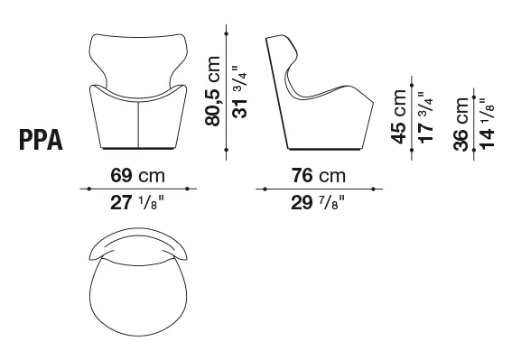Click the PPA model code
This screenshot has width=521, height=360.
pos(41,140)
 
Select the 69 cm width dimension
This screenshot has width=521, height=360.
pos(137,175)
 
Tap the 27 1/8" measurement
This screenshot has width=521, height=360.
pos(137,202)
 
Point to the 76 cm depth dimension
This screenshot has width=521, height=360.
pos(319,175)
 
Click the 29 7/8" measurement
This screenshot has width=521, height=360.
pos(318,202)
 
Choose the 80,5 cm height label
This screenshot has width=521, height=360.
pos(213,91)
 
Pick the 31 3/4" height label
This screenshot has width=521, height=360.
pos(239,92)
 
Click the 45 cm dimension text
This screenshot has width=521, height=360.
pos(399,117)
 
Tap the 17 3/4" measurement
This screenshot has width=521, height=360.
pos(425,117)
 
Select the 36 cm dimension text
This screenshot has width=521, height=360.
pos(461,124)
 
